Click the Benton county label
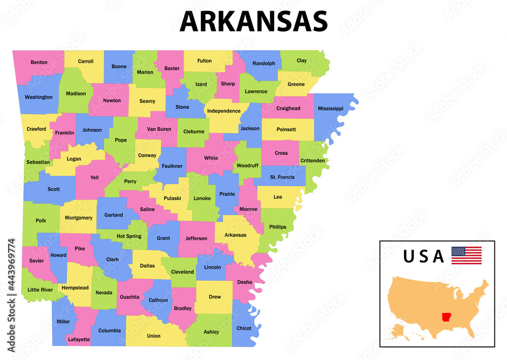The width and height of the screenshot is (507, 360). pyautogui.click(x=39, y=62)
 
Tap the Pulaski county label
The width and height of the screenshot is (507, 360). pyautogui.click(x=172, y=198)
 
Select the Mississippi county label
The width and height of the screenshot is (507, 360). pyautogui.click(x=331, y=109)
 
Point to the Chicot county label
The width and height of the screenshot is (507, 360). pyautogui.click(x=244, y=328)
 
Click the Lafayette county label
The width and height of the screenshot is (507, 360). pyautogui.click(x=79, y=339)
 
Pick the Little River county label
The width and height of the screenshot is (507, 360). pyautogui.click(x=40, y=290)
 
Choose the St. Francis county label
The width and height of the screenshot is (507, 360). pyautogui.click(x=282, y=177)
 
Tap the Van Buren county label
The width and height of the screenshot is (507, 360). pyautogui.click(x=159, y=129)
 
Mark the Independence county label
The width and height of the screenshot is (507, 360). pyautogui.click(x=224, y=111)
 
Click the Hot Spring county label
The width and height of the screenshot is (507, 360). pyautogui.click(x=129, y=236)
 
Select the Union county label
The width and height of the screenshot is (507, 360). pyautogui.click(x=154, y=336)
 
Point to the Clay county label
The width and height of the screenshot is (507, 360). pyautogui.click(x=302, y=60)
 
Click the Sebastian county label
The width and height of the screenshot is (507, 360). pyautogui.click(x=38, y=162)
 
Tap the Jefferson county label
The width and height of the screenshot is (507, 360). pyautogui.click(x=196, y=238)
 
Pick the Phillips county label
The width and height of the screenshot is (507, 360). pyautogui.click(x=278, y=227)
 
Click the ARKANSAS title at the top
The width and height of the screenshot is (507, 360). pyautogui.click(x=253, y=22)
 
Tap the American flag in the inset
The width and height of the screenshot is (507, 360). pyautogui.click(x=466, y=255)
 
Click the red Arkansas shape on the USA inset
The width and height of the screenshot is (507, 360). pyautogui.click(x=447, y=317)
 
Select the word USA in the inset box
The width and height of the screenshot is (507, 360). pyautogui.click(x=423, y=257)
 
